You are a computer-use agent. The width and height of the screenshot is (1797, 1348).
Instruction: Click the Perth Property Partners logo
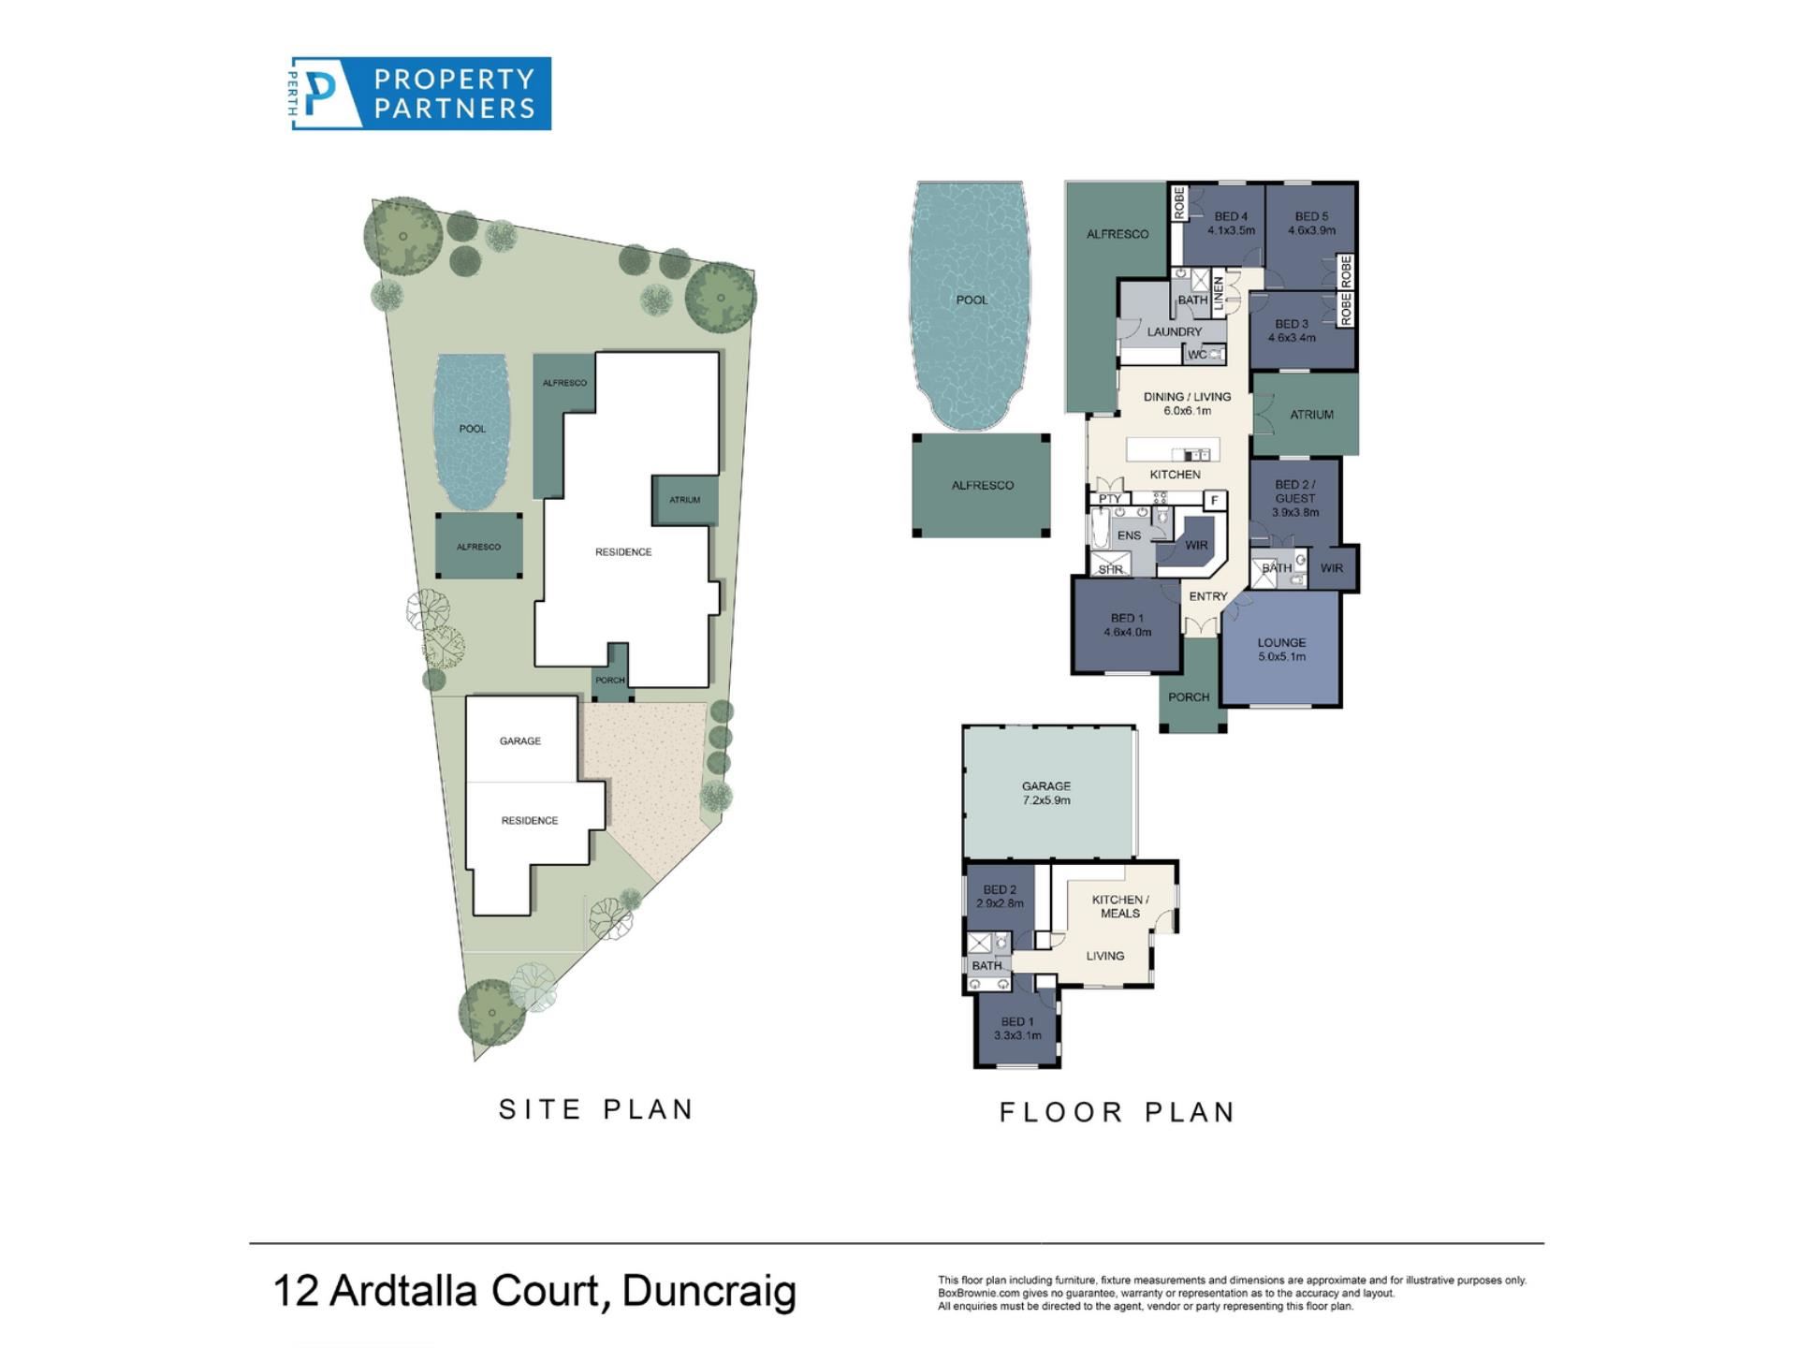[420, 94]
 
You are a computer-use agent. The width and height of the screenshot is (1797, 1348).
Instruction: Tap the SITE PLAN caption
[596, 1109]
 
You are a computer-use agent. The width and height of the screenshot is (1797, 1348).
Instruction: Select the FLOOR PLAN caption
[1118, 1112]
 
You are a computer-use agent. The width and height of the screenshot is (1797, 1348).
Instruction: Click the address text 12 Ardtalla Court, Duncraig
[534, 1290]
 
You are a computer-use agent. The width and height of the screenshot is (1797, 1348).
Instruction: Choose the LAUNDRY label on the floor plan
[1175, 331]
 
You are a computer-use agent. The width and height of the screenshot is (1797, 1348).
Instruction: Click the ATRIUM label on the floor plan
[1311, 414]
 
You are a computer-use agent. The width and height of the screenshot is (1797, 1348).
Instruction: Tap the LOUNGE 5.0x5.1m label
[1281, 650]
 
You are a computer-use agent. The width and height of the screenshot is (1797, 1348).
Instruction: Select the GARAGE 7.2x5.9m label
[1046, 793]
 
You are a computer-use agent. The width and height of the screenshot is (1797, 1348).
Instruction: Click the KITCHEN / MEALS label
[1120, 906]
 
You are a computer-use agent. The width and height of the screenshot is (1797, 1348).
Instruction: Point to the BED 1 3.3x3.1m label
[1017, 1029]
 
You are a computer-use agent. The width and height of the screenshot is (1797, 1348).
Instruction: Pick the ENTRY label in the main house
[1208, 596]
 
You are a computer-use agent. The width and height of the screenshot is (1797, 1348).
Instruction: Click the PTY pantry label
[1110, 499]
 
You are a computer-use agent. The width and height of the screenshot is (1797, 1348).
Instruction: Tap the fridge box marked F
[1215, 500]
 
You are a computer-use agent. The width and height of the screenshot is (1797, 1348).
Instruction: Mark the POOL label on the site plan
[473, 429]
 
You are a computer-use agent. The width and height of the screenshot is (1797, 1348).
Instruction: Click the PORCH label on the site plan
[610, 681]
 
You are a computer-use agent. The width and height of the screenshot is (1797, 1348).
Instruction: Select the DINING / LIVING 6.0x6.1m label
[1187, 403]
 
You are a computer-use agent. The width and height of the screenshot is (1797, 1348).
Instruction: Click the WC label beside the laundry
[1197, 355]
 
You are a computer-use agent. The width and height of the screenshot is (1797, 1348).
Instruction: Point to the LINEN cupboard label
[1219, 294]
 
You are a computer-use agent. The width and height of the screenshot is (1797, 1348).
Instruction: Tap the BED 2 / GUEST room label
[1295, 498]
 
